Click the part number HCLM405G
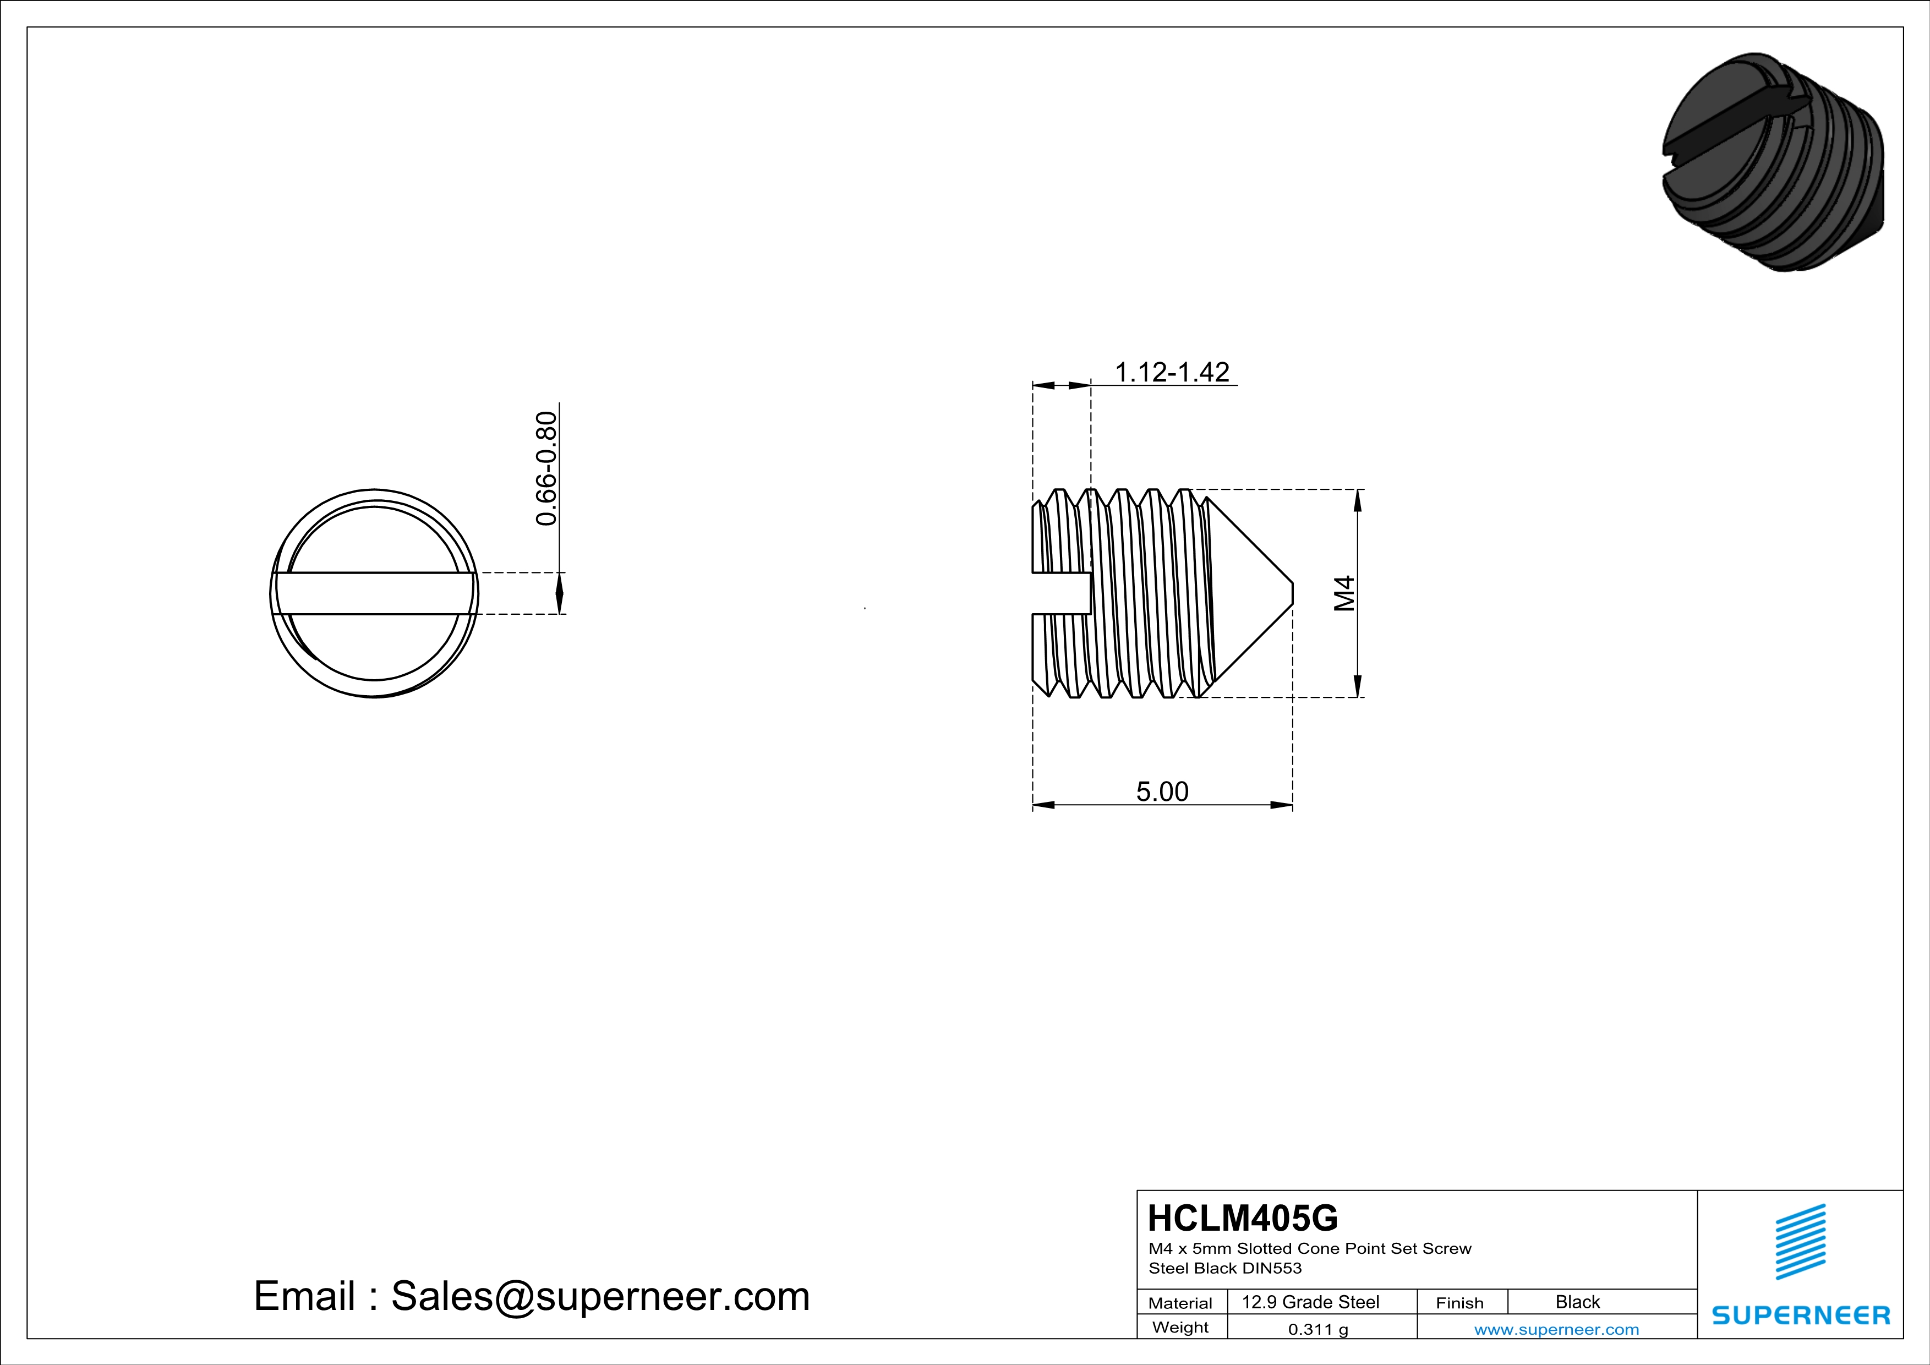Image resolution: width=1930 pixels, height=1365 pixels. [1242, 1218]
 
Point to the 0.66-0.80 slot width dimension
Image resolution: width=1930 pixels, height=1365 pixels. [546, 468]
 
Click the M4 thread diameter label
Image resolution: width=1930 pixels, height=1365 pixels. [1345, 593]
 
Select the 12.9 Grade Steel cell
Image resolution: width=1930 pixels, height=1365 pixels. [1310, 1302]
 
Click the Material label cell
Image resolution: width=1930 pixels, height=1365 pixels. [1180, 1303]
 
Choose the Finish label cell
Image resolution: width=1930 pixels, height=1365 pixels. [1459, 1303]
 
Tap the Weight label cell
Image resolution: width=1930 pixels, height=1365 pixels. [1180, 1327]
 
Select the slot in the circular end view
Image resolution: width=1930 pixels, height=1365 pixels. [374, 593]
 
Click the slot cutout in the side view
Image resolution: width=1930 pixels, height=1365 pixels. [1061, 593]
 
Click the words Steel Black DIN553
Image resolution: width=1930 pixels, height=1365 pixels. [1224, 1268]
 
